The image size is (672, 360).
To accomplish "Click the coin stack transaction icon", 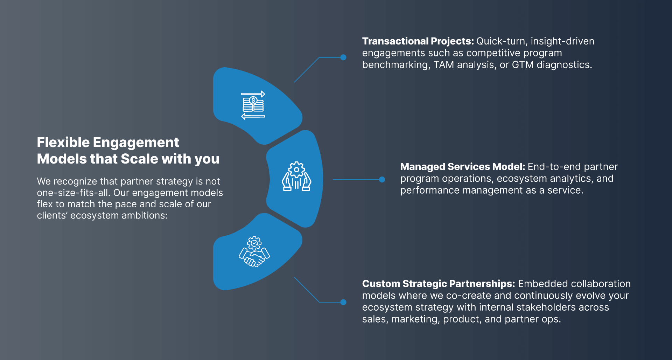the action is coord(253,105).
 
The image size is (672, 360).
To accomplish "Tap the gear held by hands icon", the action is coord(296,176).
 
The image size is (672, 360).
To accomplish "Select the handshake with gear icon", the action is coord(254,251).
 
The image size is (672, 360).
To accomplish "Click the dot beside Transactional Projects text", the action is coord(343,57).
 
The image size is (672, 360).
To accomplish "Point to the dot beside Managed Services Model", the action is coord(382,180).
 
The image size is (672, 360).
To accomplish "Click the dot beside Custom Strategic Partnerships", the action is coord(343,302).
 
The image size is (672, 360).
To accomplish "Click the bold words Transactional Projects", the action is coord(418,41).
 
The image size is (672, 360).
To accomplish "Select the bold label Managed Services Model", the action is coord(463,167).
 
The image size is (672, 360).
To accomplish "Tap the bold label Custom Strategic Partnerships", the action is coord(439,284).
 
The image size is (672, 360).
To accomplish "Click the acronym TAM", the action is coord(444,65).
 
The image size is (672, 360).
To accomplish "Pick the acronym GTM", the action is coord(523,65).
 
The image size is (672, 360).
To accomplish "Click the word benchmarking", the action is coord(396,65).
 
